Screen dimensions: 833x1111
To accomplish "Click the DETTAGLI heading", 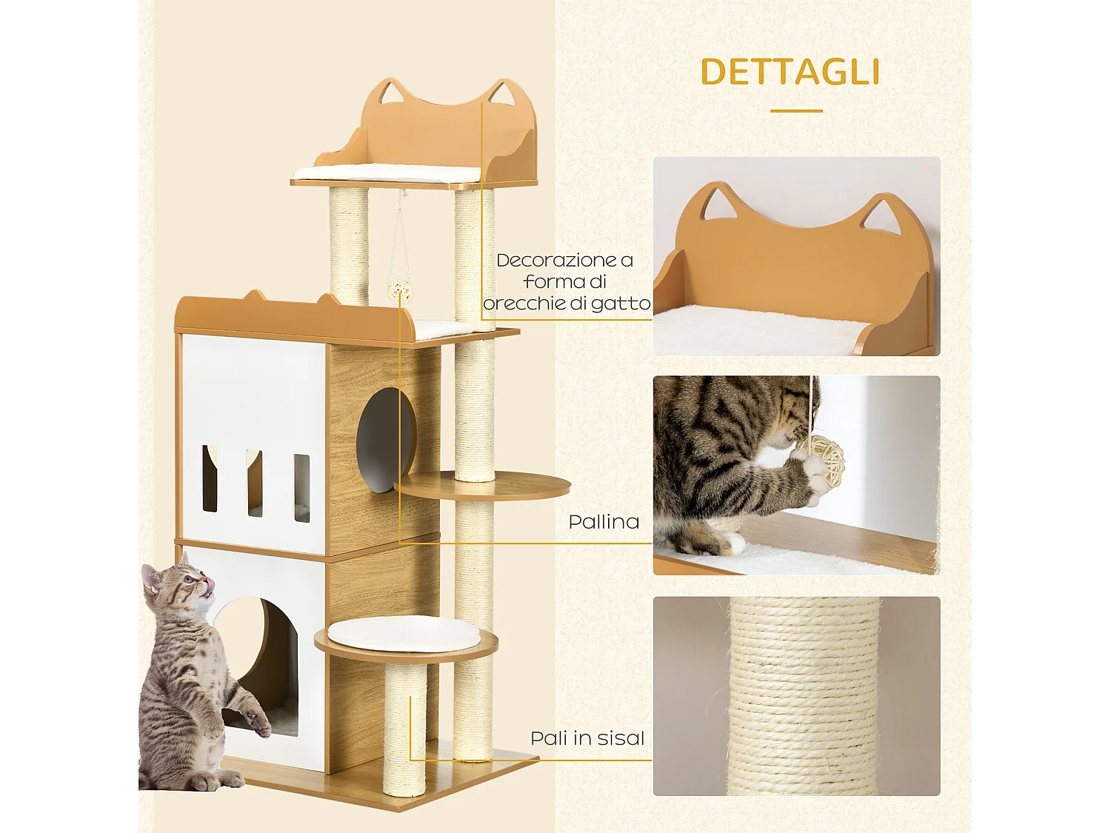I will (790, 73).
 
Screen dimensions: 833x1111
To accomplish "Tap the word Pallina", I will (604, 522).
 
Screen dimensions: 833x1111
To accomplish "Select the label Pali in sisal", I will (587, 738).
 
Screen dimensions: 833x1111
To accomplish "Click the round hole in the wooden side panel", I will (385, 441).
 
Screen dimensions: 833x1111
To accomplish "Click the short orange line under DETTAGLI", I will (796, 111).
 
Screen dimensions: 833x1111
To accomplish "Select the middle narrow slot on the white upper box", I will (255, 483).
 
